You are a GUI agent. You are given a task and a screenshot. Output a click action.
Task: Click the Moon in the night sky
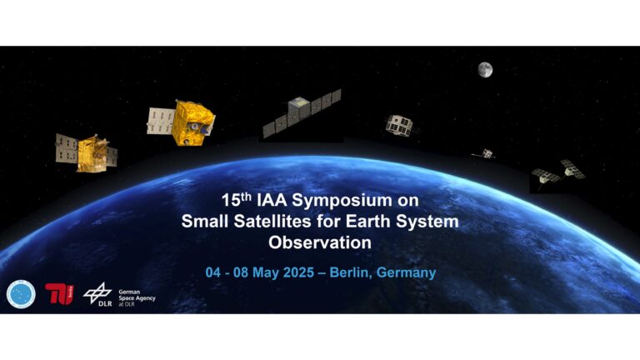(x=485, y=70)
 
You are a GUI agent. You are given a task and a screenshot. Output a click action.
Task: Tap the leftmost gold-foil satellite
(x=86, y=153)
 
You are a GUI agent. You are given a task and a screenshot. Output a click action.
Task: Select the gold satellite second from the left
(x=181, y=122)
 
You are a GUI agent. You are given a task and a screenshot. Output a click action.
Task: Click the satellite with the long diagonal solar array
(x=302, y=113)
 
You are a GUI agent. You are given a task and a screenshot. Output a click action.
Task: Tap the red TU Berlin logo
(x=60, y=293)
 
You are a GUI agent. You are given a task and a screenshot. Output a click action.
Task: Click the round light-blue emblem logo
(x=21, y=294)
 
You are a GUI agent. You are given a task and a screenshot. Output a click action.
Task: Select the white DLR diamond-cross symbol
(x=97, y=292)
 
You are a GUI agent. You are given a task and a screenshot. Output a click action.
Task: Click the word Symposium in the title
(x=340, y=200)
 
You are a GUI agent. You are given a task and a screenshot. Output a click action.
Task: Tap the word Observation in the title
(x=320, y=242)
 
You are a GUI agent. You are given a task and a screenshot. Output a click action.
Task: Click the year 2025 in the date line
(x=298, y=272)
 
